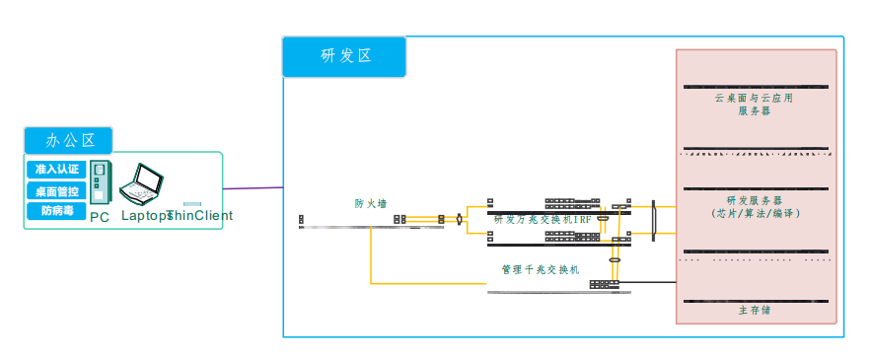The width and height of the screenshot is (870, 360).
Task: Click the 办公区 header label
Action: click(68, 140)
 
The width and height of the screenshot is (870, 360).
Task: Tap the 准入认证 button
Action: click(56, 169)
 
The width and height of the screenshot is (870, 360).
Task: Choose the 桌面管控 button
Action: click(56, 190)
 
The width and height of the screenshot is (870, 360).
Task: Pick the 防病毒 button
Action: click(56, 210)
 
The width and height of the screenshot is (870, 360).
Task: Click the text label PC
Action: click(100, 217)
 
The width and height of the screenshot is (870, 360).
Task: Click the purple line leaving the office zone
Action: click(253, 187)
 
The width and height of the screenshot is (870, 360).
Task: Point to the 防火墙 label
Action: click(371, 203)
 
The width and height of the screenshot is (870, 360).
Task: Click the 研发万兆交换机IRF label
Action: click(543, 219)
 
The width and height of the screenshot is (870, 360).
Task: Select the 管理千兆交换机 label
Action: click(540, 268)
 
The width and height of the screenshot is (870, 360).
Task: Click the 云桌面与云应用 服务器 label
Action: click(755, 105)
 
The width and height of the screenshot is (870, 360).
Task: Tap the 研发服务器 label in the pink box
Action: click(755, 200)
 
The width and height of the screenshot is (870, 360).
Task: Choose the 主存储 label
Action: click(755, 310)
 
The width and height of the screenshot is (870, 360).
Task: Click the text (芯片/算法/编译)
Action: click(755, 213)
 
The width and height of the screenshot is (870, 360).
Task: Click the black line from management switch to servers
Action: click(646, 284)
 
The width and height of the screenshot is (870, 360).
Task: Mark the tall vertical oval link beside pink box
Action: click(654, 220)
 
